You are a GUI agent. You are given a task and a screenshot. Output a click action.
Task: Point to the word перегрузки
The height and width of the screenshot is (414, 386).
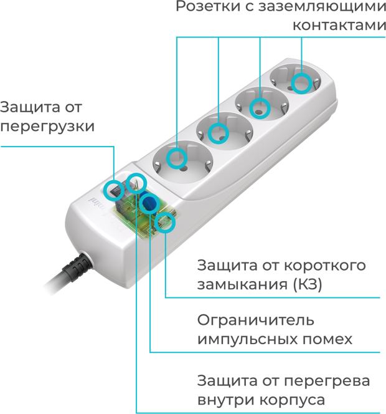(47, 126)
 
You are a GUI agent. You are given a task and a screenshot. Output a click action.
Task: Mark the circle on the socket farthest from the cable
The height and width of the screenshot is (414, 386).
(301, 82)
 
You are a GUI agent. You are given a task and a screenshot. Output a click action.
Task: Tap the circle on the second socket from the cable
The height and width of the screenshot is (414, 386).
(219, 132)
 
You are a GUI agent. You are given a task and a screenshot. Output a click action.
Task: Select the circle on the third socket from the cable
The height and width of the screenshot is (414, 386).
(260, 108)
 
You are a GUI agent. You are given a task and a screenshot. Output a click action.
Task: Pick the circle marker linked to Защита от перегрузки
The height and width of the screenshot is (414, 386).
(113, 190)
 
